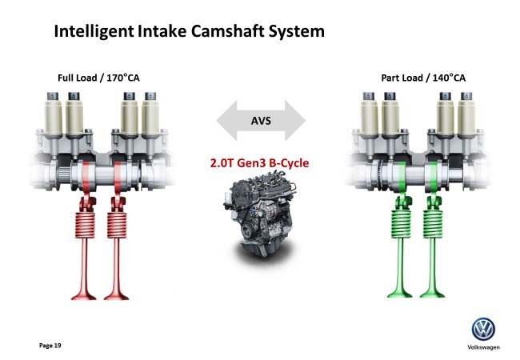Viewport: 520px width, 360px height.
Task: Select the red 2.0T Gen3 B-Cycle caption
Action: tap(259, 163)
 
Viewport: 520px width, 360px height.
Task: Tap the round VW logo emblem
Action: tap(483, 329)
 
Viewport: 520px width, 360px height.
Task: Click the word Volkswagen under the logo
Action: tap(483, 348)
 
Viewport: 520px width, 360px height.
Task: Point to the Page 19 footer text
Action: tap(50, 345)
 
